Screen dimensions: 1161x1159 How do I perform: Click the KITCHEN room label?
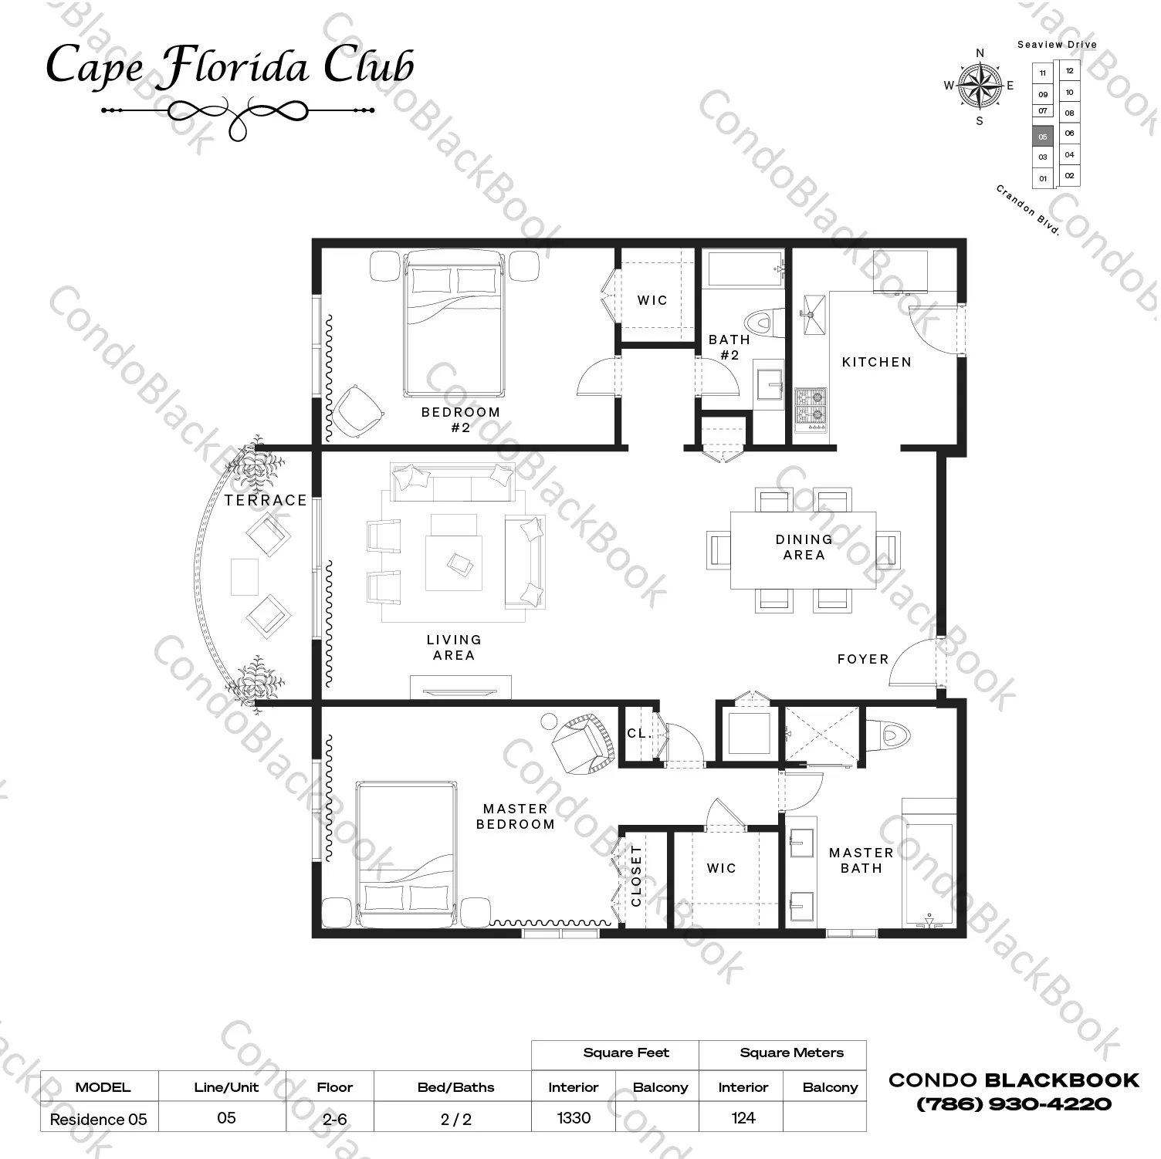click(x=876, y=362)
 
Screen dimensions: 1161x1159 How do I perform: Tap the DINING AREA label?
click(x=804, y=547)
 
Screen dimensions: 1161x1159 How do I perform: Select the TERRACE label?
click(x=266, y=500)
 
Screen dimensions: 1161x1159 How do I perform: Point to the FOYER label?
click(x=863, y=659)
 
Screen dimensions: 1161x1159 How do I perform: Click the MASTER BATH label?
click(x=861, y=860)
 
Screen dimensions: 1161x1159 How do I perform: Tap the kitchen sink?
click(x=813, y=313)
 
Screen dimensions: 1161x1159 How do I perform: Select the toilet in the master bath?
click(x=884, y=735)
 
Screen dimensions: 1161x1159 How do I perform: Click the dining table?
click(x=803, y=550)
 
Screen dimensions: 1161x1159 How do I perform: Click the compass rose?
click(x=980, y=85)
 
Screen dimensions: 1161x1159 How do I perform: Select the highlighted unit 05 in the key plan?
click(x=1043, y=137)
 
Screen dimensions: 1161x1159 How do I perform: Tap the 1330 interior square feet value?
click(x=574, y=1117)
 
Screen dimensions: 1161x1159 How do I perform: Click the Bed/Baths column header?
click(x=455, y=1087)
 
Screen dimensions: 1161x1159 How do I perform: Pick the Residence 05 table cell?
click(x=99, y=1119)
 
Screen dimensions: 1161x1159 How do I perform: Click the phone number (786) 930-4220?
click(x=1014, y=1104)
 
